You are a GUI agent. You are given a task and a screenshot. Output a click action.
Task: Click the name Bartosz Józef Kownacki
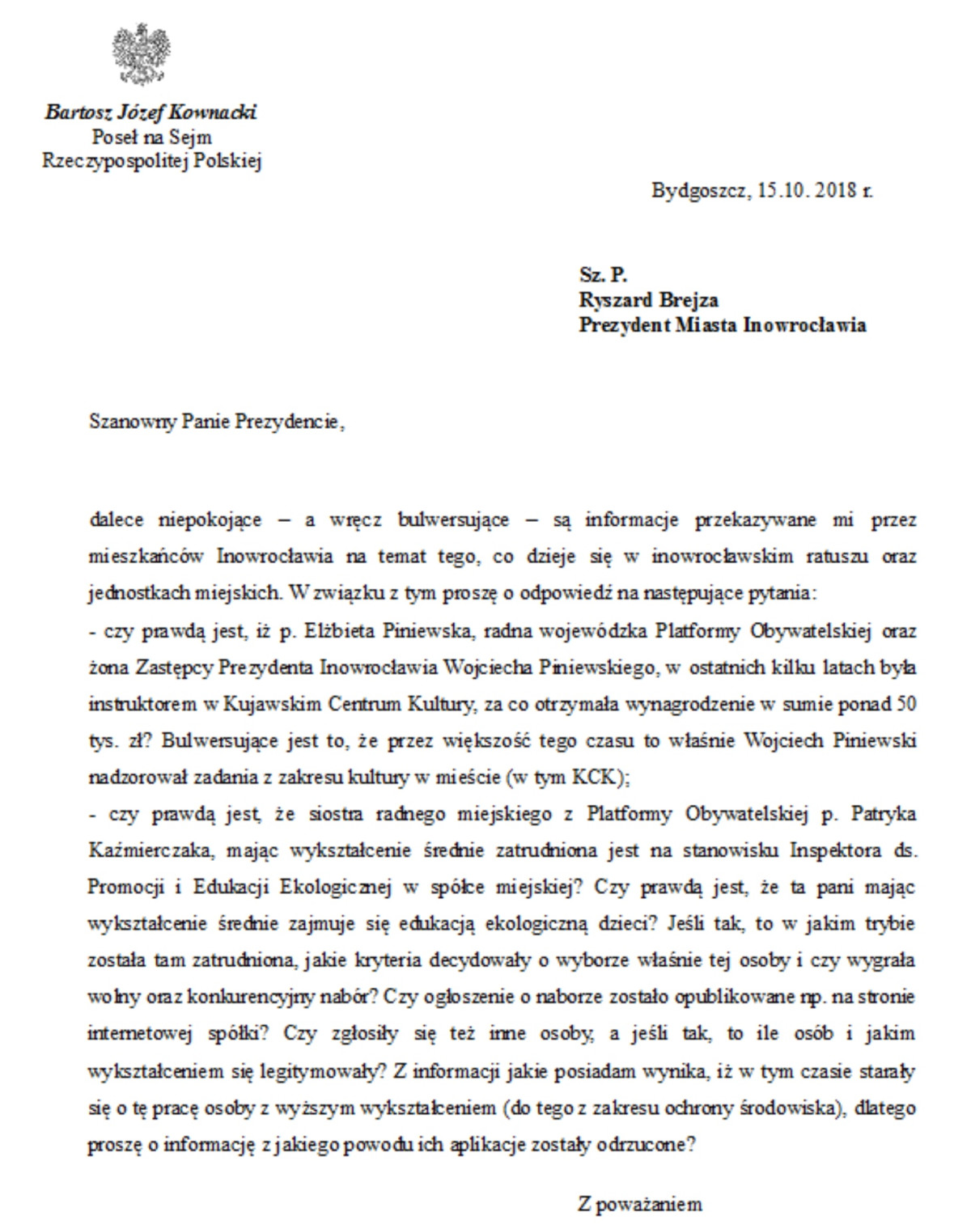click(151, 112)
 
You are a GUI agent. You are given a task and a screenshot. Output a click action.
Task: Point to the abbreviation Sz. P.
click(603, 275)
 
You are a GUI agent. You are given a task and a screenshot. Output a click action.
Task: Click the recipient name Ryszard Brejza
click(648, 300)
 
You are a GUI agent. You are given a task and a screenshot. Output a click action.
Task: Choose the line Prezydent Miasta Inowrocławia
click(722, 325)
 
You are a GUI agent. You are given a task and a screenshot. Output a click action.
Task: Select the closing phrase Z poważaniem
click(639, 1204)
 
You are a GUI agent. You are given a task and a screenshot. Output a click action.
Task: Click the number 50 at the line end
click(907, 703)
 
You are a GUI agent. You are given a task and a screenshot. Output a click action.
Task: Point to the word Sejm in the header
click(191, 137)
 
